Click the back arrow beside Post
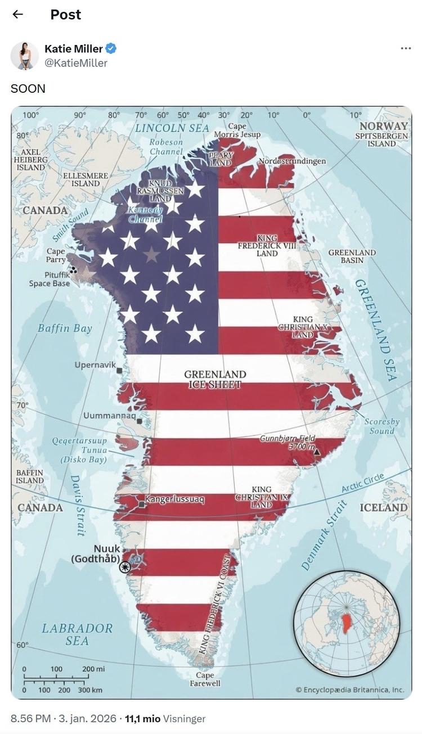click(x=18, y=14)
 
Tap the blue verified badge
click(x=111, y=49)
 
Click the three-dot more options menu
click(x=405, y=49)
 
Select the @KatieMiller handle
click(x=76, y=63)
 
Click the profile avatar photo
click(x=24, y=56)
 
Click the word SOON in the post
click(x=28, y=88)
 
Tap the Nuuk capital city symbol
click(x=125, y=567)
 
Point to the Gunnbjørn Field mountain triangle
click(x=317, y=452)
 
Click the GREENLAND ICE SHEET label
click(x=215, y=379)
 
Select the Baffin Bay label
click(x=65, y=328)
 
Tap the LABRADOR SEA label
click(x=77, y=634)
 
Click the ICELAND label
click(x=384, y=507)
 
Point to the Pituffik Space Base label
click(x=50, y=280)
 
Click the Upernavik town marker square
click(x=119, y=371)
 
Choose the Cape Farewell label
click(x=205, y=679)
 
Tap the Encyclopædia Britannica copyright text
click(x=349, y=690)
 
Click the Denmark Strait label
click(x=325, y=535)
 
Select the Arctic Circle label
click(x=363, y=483)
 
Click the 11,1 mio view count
click(x=142, y=719)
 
